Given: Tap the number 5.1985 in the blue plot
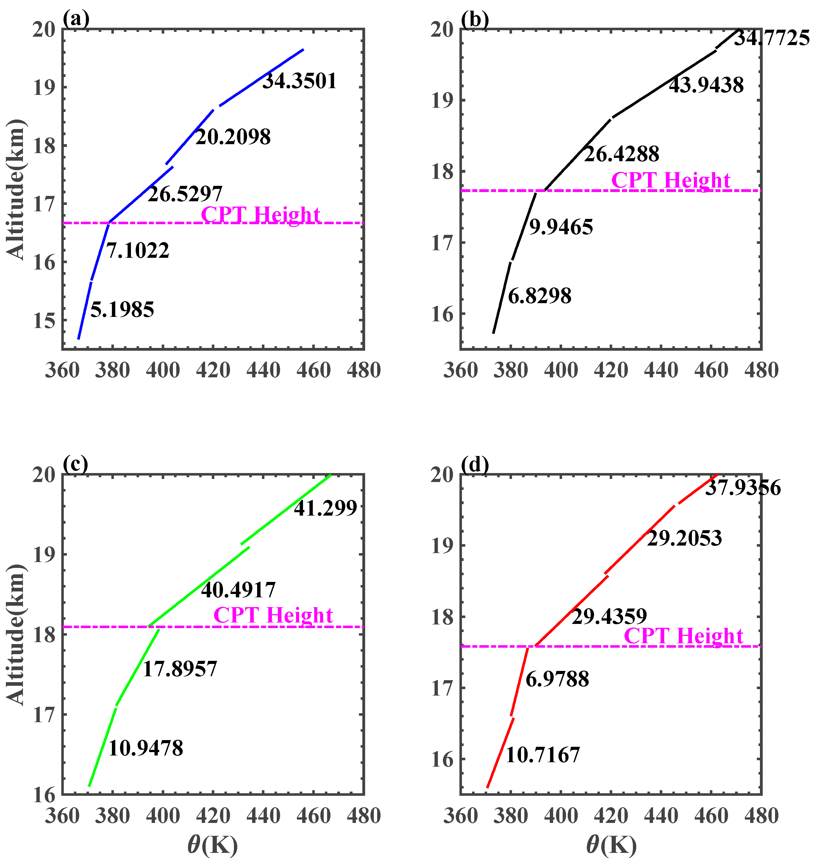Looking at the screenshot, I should click(122, 310).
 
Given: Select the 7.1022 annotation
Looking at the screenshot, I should click(138, 251).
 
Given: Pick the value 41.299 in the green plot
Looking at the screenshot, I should click(325, 508).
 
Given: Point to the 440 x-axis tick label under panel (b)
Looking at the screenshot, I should click(661, 370).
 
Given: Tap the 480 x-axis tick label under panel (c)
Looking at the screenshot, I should click(364, 816).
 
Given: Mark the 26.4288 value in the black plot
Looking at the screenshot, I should click(621, 154).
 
